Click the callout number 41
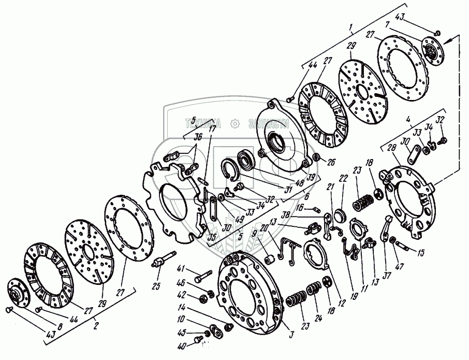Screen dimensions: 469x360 [180, 268]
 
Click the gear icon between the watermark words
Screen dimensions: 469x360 [234, 123]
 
